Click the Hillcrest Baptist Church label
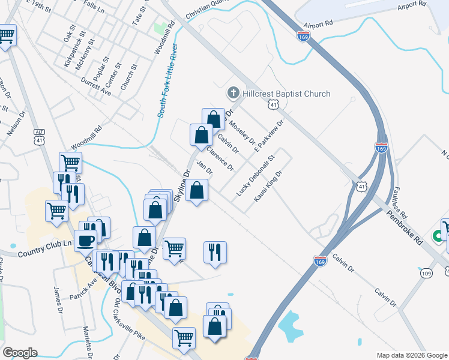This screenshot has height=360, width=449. click(x=286, y=94)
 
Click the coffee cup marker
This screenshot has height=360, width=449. click(x=85, y=241)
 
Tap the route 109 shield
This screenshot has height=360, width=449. click(x=426, y=274)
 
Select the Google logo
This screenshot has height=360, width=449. click(x=20, y=352)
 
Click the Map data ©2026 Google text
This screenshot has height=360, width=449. click(x=411, y=355)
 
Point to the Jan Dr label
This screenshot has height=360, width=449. click(x=205, y=170)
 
